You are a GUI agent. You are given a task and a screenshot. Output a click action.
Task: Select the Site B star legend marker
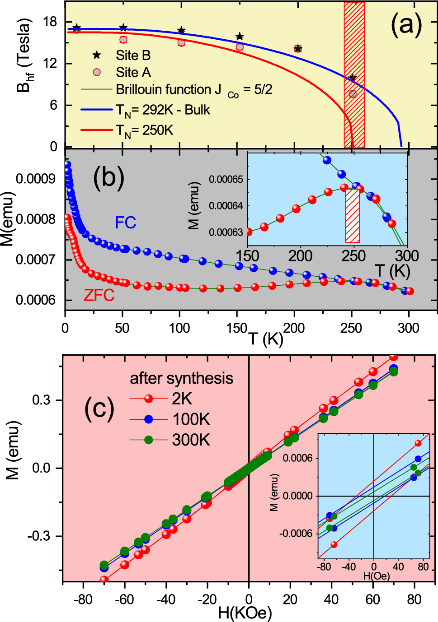97,55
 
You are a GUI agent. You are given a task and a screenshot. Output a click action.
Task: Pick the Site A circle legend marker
97,72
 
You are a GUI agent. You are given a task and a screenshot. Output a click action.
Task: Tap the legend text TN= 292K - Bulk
163,110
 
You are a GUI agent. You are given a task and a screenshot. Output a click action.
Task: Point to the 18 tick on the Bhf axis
50,22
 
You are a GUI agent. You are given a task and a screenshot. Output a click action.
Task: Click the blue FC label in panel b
125,223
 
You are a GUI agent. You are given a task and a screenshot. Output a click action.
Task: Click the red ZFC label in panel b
99,295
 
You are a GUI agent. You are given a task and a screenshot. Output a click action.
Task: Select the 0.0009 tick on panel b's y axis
35,179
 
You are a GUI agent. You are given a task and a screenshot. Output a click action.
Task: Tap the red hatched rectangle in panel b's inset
353,216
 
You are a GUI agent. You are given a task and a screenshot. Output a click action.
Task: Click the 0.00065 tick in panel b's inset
226,180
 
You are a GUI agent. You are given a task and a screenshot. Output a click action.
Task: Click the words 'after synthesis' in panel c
181,378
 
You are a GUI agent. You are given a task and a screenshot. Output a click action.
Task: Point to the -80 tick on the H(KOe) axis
83,599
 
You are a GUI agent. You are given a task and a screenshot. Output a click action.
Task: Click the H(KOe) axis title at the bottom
245,613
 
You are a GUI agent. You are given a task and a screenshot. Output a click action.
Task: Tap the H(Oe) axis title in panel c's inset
376,576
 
